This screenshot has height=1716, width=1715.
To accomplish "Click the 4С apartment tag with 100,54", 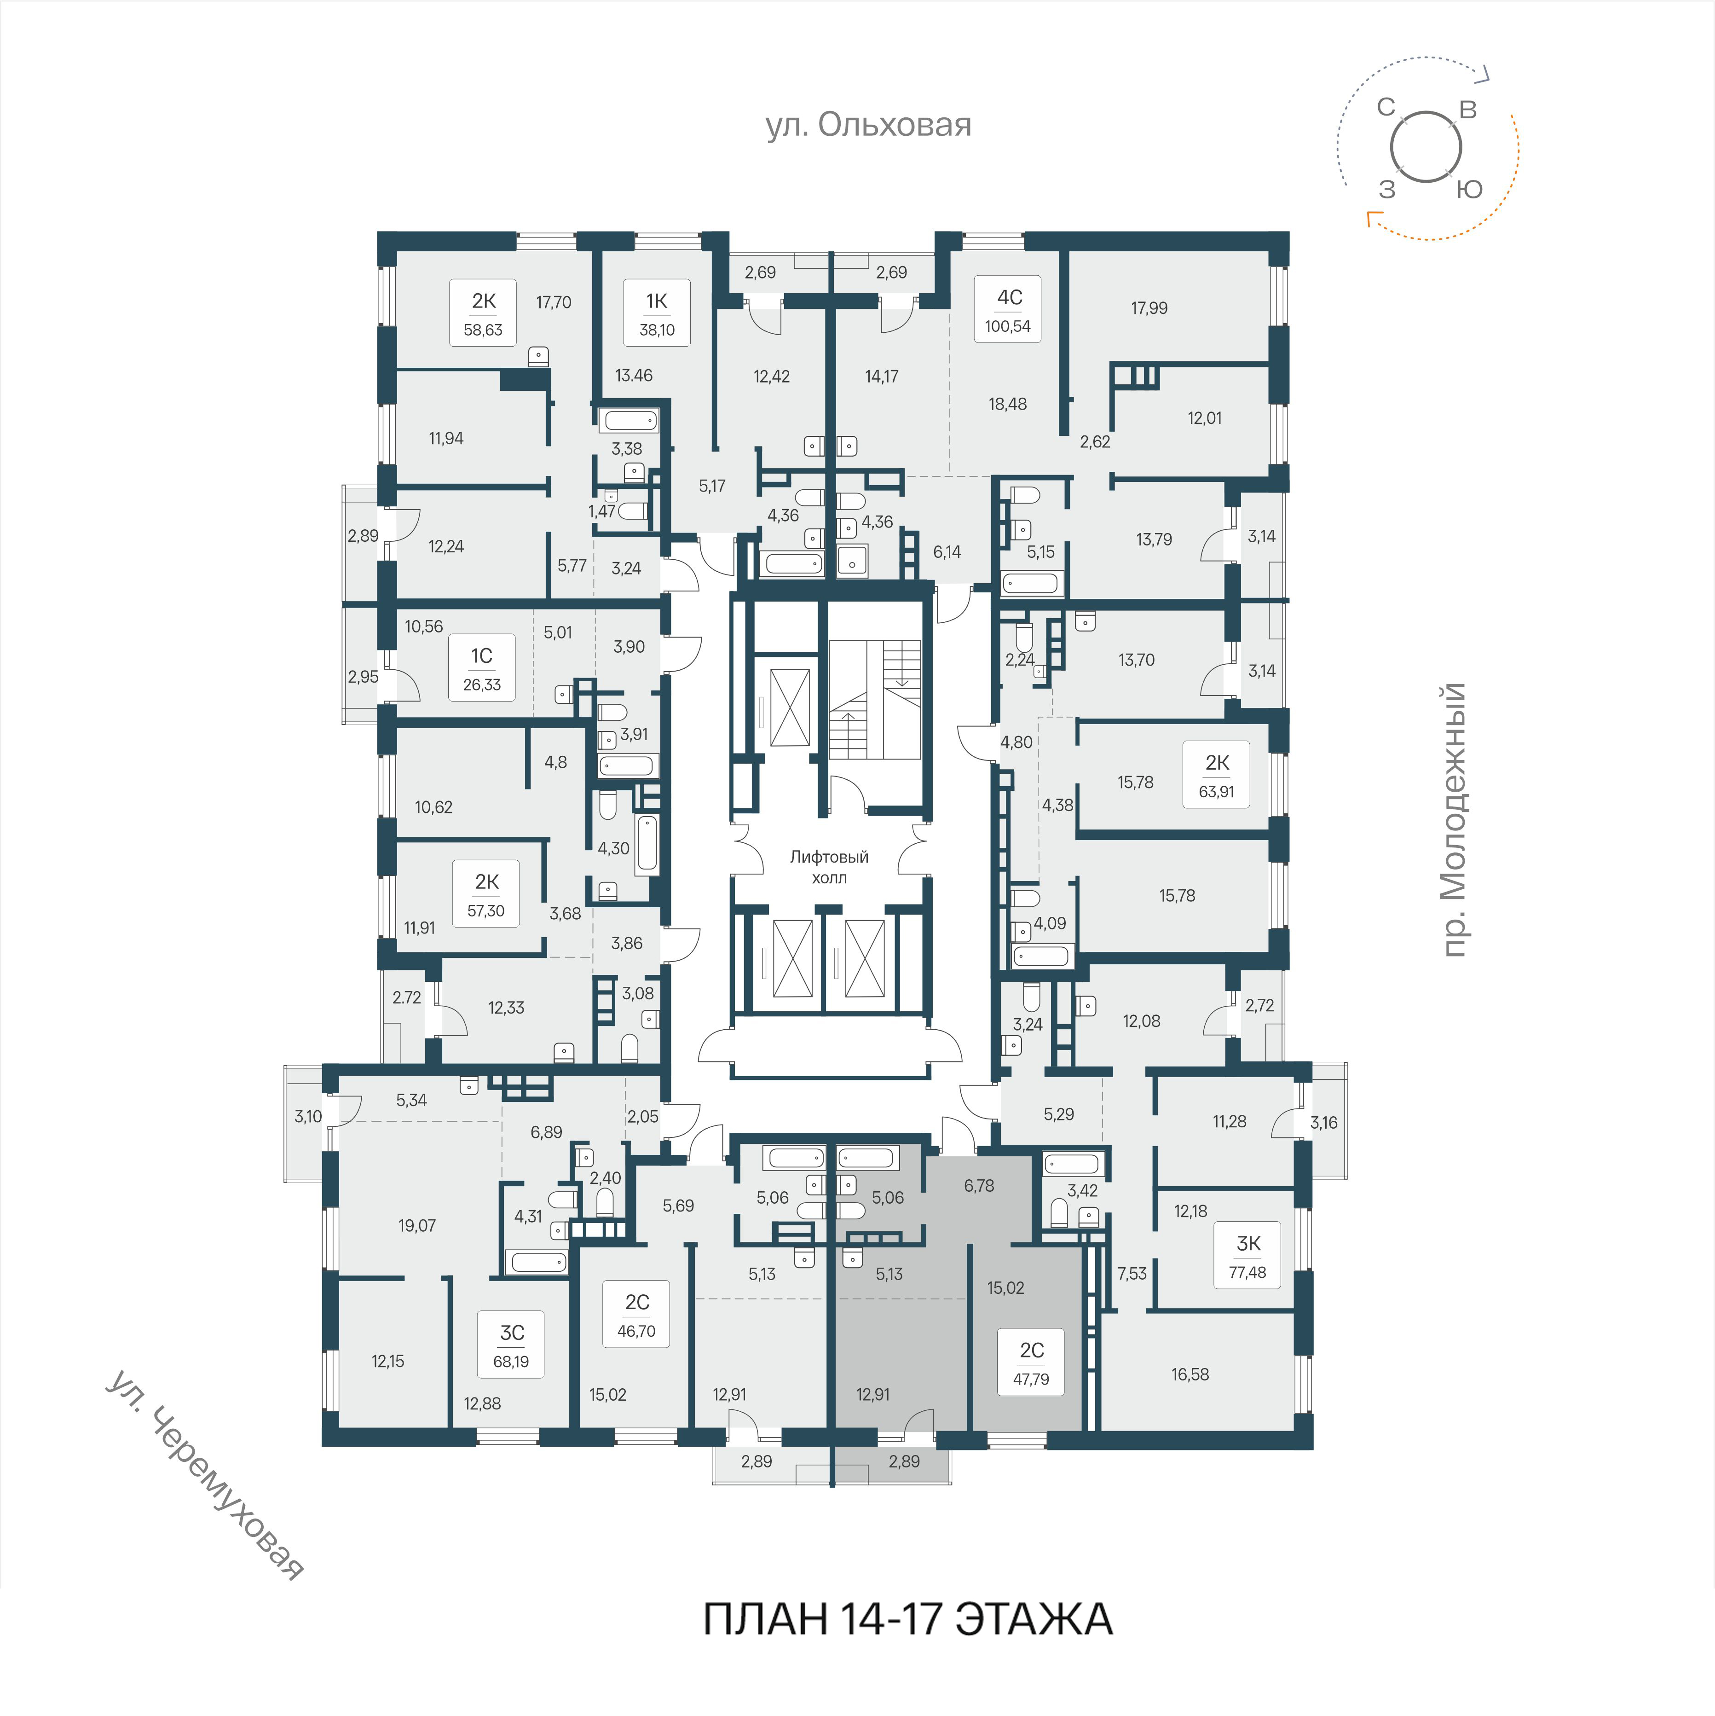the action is [1008, 309].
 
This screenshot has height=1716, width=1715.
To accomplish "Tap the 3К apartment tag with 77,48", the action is [1248, 1256].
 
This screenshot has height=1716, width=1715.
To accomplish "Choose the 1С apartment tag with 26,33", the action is [481, 668].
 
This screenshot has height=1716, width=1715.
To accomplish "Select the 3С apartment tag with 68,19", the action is [512, 1345].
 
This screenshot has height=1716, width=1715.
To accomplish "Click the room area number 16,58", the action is [1190, 1374].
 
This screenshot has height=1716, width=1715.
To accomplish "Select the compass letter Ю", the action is [1470, 189].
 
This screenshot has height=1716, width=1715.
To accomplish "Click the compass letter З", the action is [1386, 189].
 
